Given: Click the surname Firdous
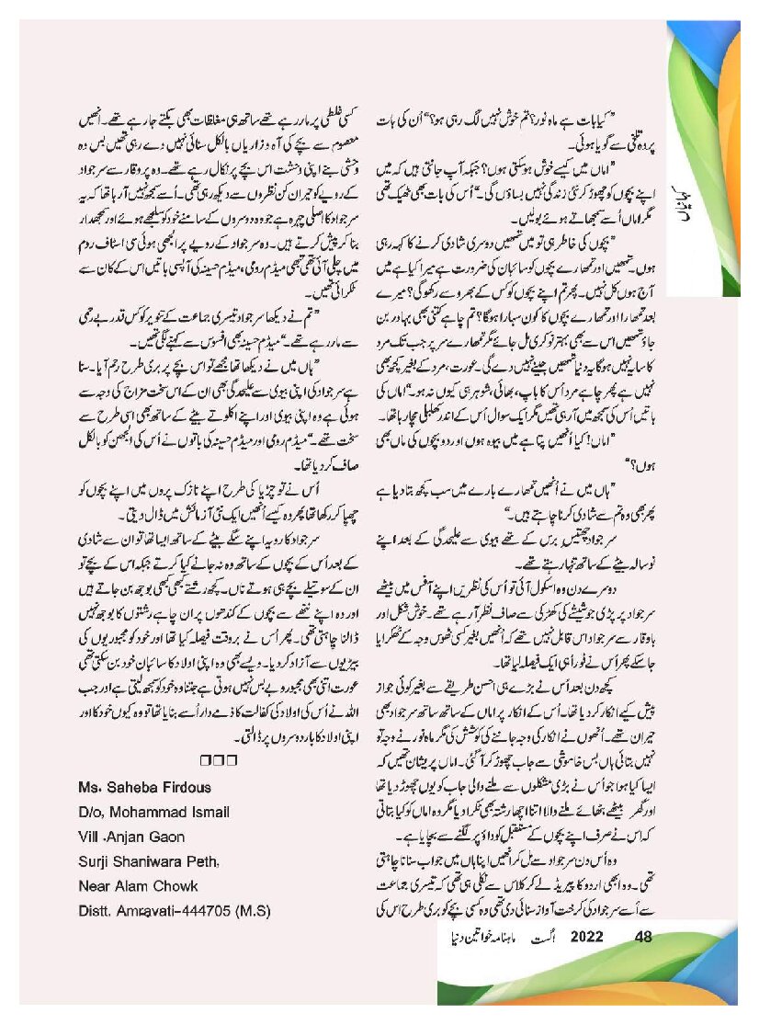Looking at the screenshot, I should tap(188, 788).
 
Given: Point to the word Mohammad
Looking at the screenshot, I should tap(145, 813).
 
